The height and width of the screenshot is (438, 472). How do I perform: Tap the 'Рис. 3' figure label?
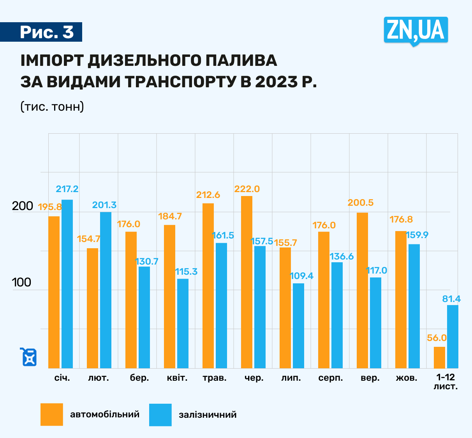[x=46, y=32]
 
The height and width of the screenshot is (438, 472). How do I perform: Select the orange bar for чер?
[x=247, y=282]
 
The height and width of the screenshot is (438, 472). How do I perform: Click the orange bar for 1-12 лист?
[x=439, y=357]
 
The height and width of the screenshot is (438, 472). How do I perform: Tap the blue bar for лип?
[x=298, y=325]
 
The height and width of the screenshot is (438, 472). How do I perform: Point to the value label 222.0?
[x=247, y=189]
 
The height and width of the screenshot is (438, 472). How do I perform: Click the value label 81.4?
[x=451, y=299]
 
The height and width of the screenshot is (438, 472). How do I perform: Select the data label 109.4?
[x=301, y=276]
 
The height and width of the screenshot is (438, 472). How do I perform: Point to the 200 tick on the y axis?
[x=23, y=206]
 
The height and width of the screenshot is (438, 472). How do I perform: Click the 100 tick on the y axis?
[x=22, y=283]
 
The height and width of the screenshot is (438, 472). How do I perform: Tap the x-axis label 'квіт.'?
[x=177, y=378]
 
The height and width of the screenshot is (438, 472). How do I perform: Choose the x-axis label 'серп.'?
[x=331, y=378]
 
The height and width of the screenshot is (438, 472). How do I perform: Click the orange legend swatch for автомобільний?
[x=51, y=415]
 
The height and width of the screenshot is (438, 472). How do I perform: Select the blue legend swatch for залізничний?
[x=160, y=415]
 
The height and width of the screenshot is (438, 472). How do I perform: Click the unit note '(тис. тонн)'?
[x=52, y=106]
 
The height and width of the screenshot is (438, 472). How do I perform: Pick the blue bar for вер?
[x=375, y=323]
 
